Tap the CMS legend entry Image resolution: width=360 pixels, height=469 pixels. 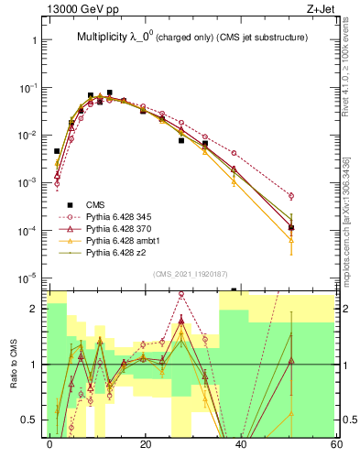point(95,204)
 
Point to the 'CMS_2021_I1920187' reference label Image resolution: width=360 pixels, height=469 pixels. point(190,274)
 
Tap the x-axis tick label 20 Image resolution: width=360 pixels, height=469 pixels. point(145,444)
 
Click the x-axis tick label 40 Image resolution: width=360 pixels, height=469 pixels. point(241,444)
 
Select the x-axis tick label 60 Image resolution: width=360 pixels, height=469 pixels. point(336,444)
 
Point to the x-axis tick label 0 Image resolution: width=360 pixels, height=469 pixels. point(49,444)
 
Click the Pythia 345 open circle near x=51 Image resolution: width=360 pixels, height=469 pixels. point(291,196)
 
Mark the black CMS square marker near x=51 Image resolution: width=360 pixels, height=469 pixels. point(291,227)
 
